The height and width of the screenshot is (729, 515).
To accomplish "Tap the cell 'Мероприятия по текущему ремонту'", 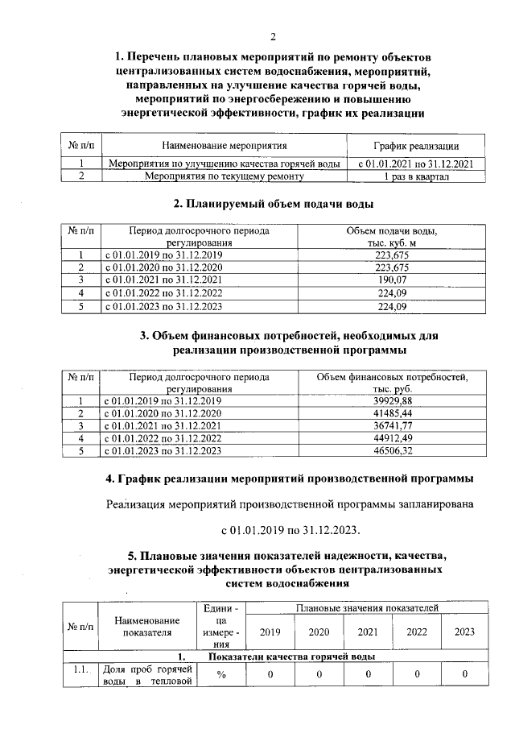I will pyautogui.click(x=223, y=176).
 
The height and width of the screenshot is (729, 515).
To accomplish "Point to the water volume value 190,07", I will pyautogui.click(x=392, y=280).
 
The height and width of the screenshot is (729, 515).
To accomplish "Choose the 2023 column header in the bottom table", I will pyautogui.click(x=464, y=632).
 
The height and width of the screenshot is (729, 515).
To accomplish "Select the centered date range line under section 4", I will pyautogui.click(x=290, y=531).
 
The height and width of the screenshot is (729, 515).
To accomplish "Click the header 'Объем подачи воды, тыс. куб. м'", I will pyautogui.click(x=392, y=237).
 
